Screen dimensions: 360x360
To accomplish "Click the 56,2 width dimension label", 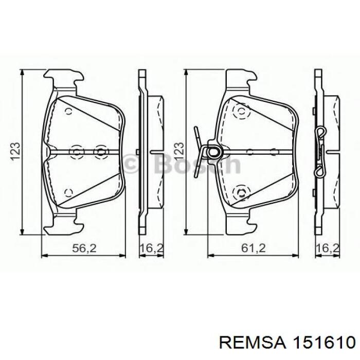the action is point(84,248).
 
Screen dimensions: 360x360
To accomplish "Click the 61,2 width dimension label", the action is point(253,248).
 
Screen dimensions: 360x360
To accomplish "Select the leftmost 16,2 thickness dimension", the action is point(152,248).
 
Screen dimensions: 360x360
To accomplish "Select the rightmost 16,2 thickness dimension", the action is point(328,248).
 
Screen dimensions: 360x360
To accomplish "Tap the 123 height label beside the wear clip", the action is point(179,151).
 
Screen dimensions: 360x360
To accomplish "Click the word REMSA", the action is point(252,344).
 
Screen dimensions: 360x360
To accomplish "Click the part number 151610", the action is point(323,344).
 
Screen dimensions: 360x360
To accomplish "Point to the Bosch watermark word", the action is point(197,164).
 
